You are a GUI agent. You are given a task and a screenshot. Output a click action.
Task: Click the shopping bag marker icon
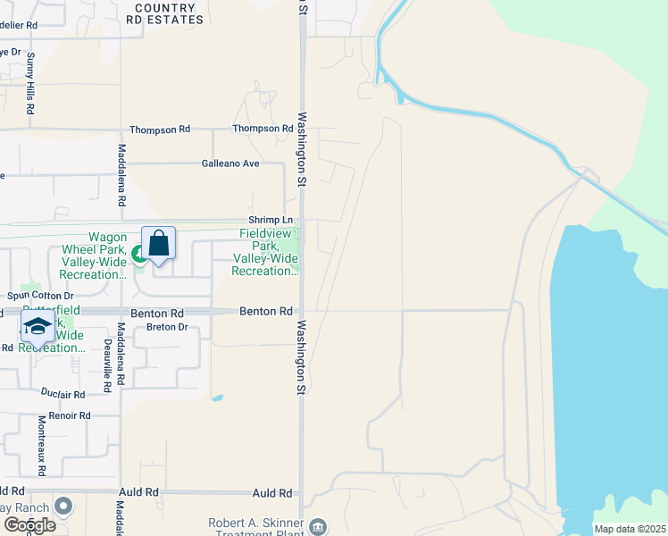pos(158,243)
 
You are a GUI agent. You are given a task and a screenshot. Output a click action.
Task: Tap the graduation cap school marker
pos(37,328)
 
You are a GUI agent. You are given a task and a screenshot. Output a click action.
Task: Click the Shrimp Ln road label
pos(270,220)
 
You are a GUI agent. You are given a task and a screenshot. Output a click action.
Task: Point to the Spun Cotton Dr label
pos(40,296)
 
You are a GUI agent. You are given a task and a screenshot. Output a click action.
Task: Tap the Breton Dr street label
pos(166,327)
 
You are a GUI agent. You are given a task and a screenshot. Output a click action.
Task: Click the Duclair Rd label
pos(63,394)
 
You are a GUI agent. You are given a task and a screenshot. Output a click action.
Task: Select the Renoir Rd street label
pos(71,415)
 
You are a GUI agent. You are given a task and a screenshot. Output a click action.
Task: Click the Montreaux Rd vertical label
pos(41,445)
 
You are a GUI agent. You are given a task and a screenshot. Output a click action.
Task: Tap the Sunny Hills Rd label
pos(29,83)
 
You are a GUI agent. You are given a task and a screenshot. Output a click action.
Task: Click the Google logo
pos(29,524)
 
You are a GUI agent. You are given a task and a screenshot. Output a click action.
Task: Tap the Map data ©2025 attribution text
pos(630,529)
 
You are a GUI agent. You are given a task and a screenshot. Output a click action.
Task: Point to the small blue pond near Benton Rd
pos(217,398)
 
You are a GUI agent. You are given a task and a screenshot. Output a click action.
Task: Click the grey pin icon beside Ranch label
pos(63,507)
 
